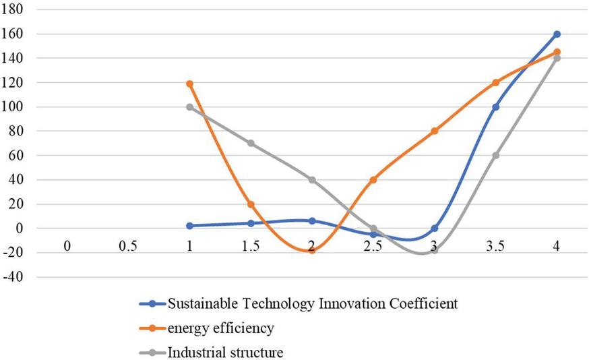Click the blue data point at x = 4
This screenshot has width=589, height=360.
[x=557, y=34]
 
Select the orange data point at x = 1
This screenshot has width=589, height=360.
[x=190, y=84]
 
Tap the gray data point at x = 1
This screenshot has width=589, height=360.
[x=190, y=107]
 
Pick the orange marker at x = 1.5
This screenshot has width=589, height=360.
[x=251, y=204]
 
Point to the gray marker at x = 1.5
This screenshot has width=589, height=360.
[x=251, y=143]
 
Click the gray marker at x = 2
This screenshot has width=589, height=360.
[x=312, y=179]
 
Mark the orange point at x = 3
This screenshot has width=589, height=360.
[x=434, y=131]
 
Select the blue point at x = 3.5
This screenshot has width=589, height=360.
[x=495, y=107]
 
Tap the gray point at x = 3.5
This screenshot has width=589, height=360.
[x=495, y=155]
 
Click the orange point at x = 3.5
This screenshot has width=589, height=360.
[x=495, y=82]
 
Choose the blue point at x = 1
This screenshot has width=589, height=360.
[x=190, y=226]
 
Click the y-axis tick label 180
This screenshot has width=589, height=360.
[x=15, y=10]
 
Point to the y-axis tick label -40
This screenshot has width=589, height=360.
[x=15, y=276]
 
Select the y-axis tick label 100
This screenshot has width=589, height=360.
[x=15, y=107]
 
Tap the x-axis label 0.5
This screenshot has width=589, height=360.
[x=128, y=247]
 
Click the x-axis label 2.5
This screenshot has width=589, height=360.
[x=373, y=247]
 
